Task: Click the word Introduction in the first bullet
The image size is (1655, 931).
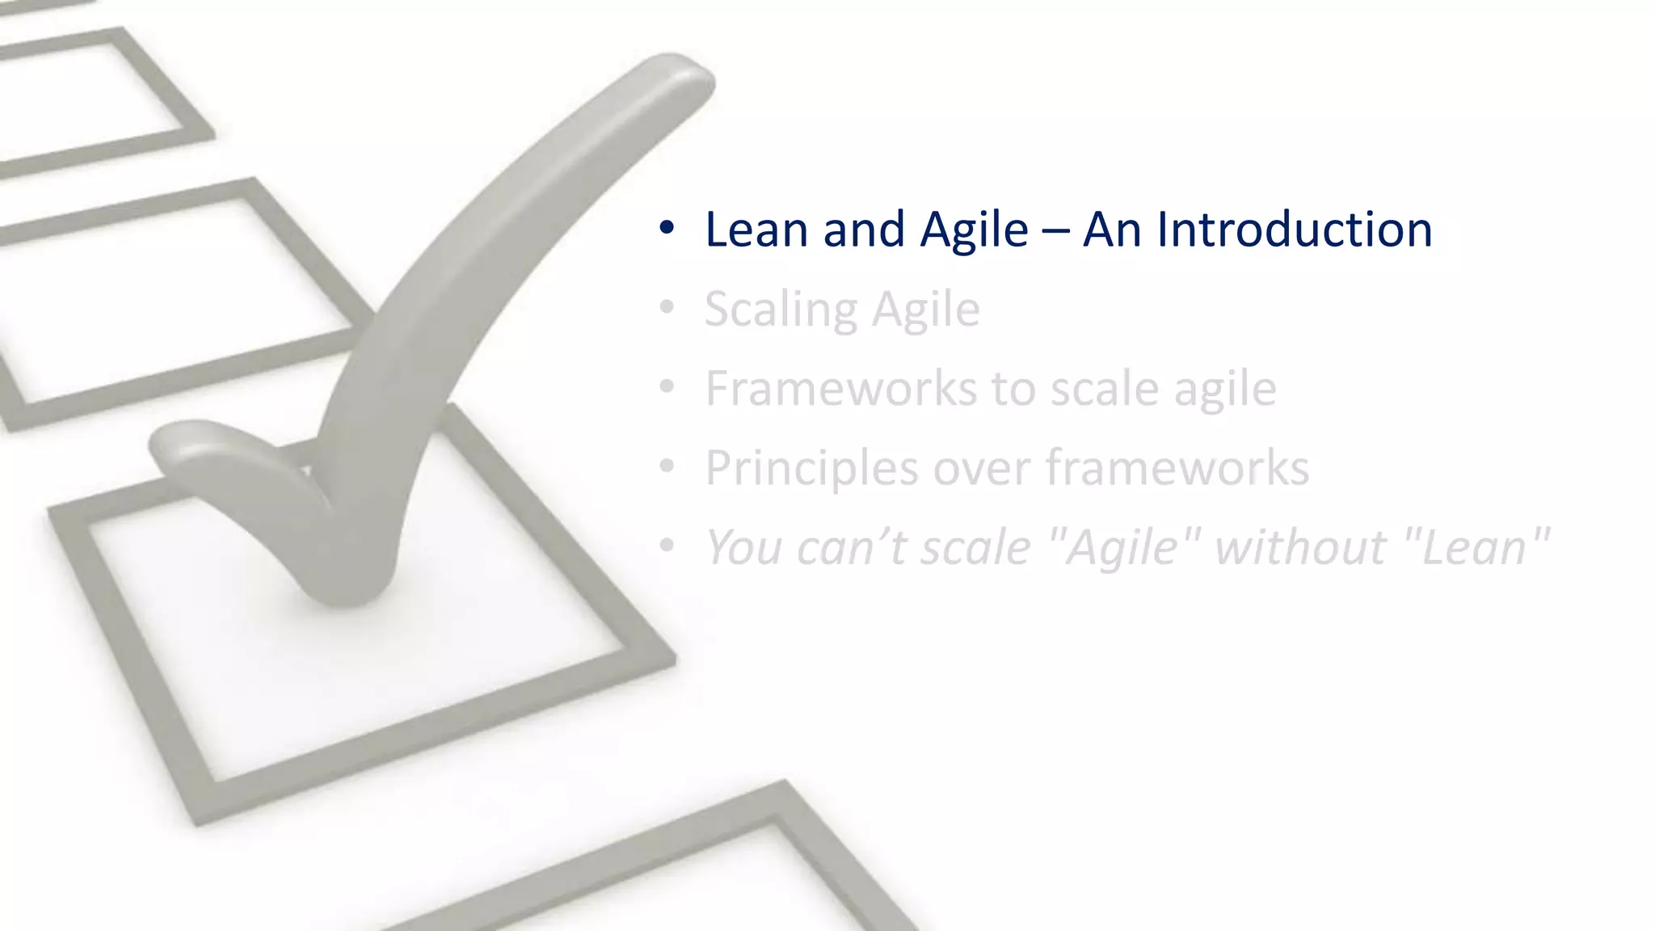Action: tap(1295, 230)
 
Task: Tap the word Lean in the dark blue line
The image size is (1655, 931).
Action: tap(756, 230)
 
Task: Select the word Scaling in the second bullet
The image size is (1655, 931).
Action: tap(781, 310)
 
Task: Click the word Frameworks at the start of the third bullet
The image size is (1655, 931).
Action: tap(841, 388)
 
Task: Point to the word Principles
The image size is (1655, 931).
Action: tap(811, 468)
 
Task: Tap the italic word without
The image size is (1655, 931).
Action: tap(1300, 547)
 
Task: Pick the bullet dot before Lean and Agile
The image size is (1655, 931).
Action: tap(666, 229)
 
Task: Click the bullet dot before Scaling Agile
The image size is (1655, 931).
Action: tap(666, 308)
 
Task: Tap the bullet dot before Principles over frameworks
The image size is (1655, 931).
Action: tap(666, 466)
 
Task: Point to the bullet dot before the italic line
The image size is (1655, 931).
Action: tap(666, 546)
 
